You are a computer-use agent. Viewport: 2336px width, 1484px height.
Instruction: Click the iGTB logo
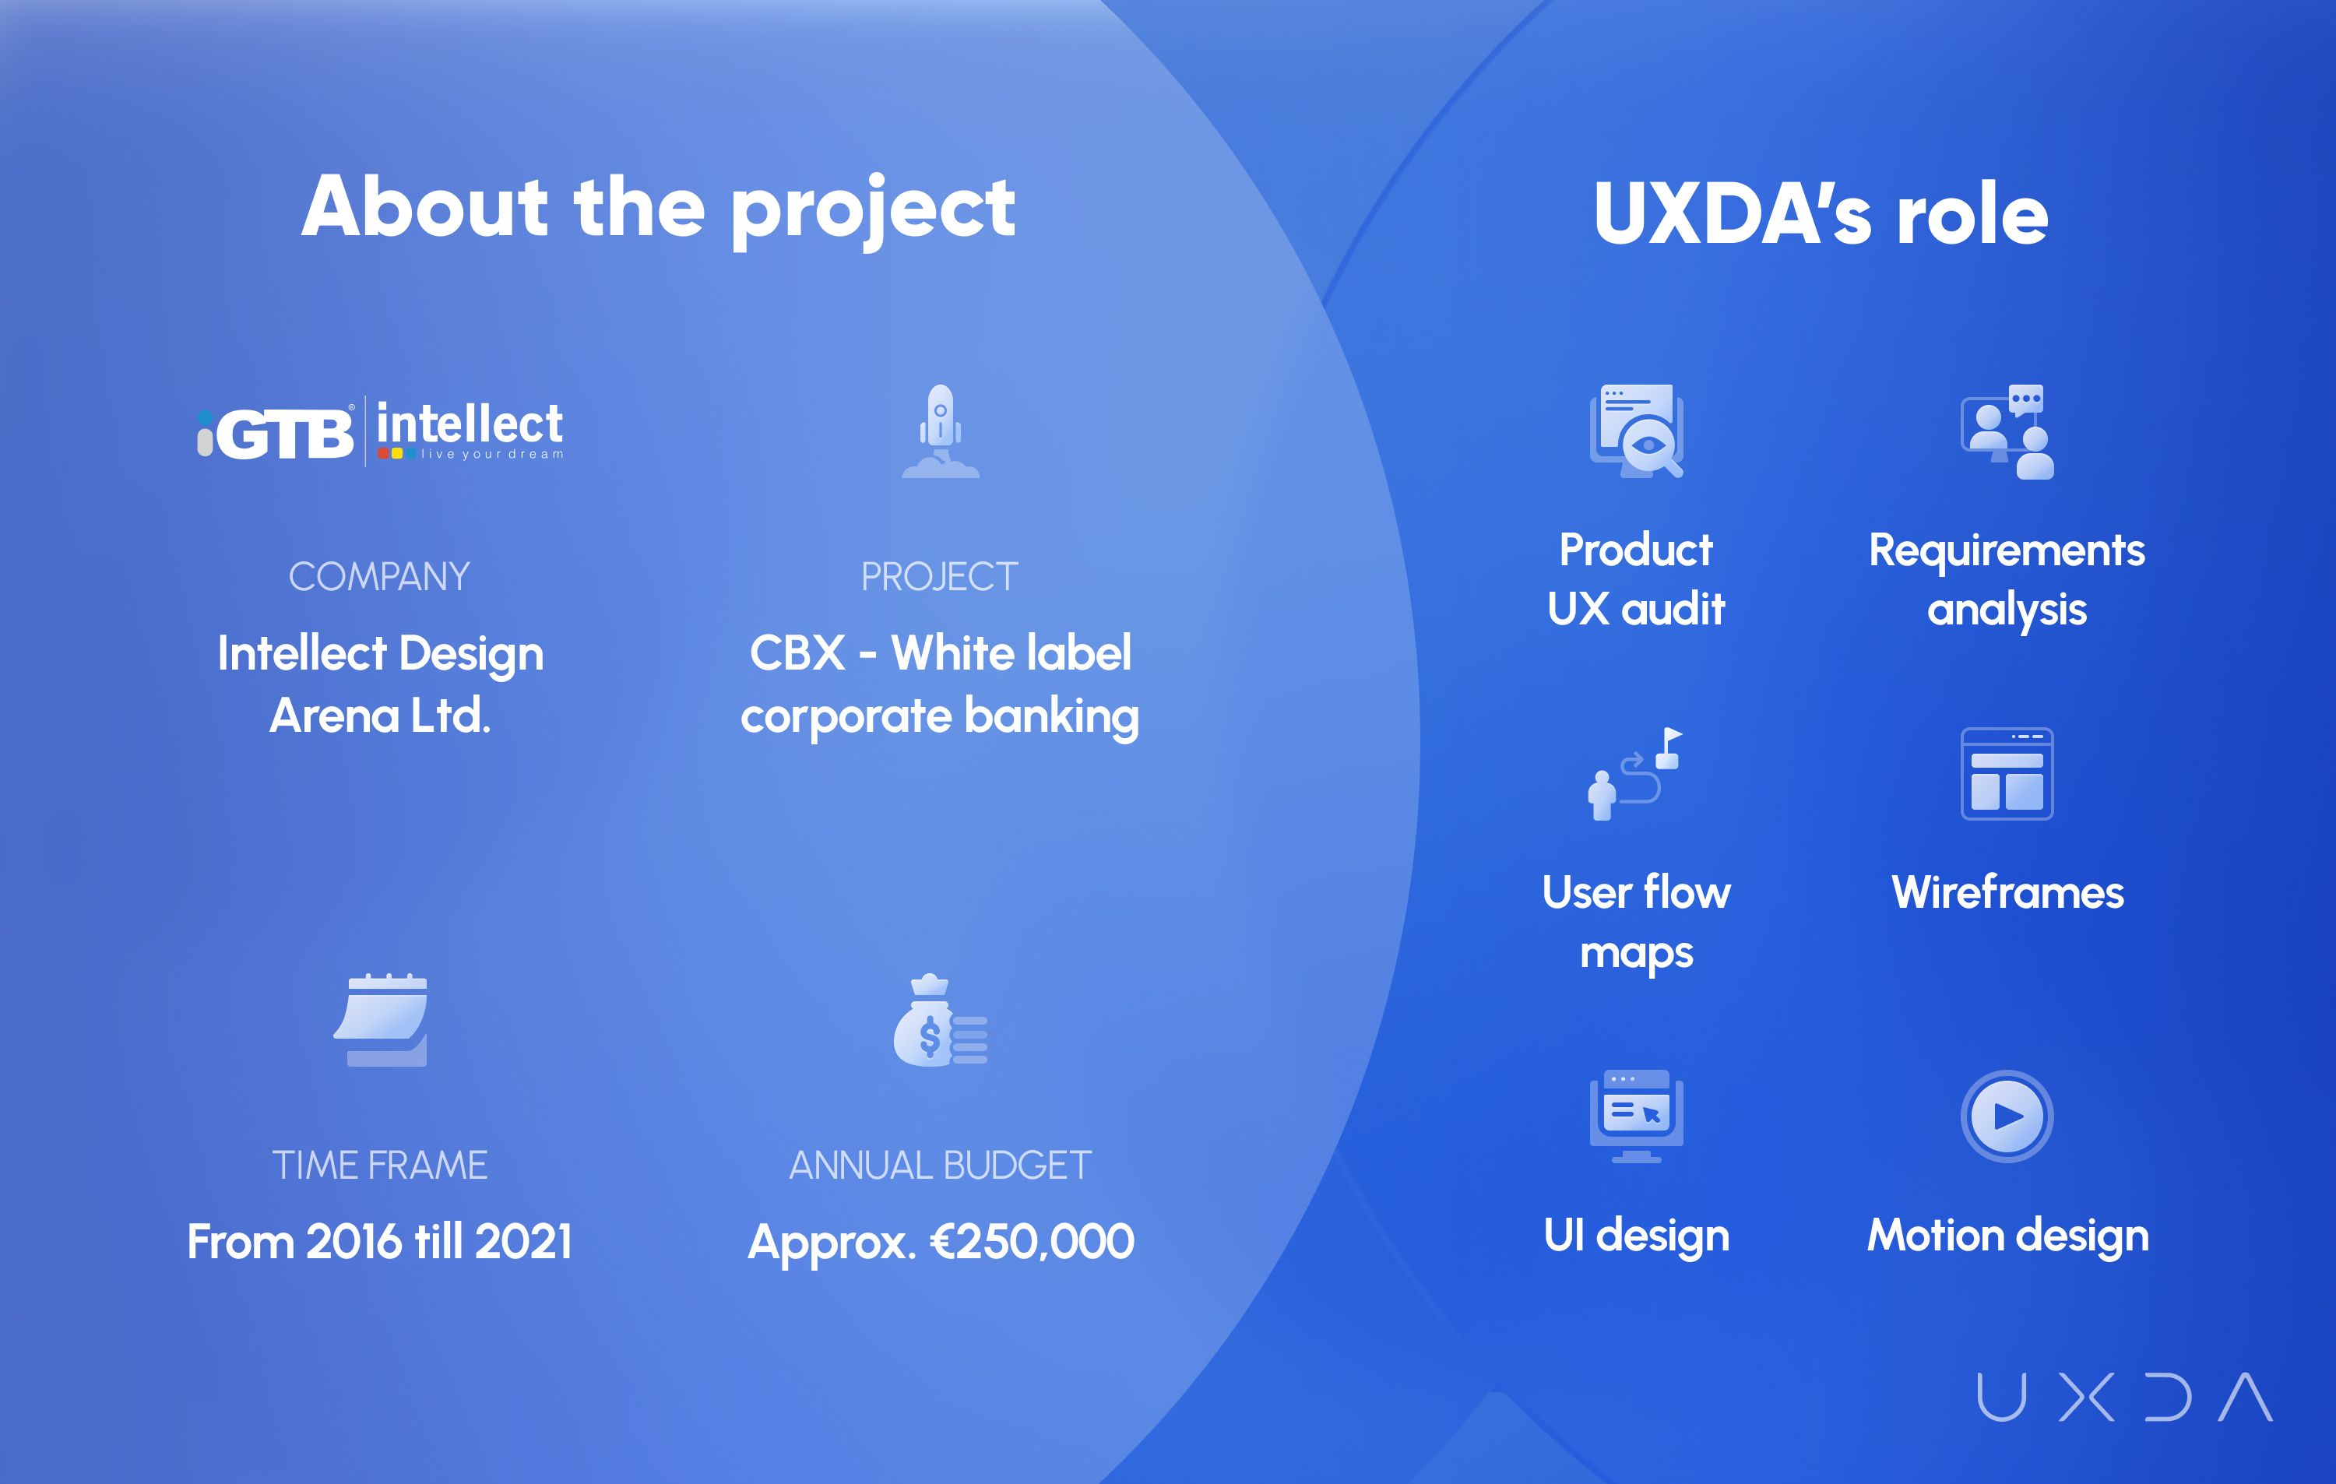(x=276, y=431)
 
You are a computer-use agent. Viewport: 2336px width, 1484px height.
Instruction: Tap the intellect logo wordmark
(x=470, y=430)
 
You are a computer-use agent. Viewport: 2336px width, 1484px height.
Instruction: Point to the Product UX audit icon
(x=1637, y=431)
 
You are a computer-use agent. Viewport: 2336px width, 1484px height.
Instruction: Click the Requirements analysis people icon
(x=2007, y=431)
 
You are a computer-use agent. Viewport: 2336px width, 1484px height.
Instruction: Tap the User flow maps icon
(x=1635, y=774)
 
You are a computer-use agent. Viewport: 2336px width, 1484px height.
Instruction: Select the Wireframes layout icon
(x=2007, y=774)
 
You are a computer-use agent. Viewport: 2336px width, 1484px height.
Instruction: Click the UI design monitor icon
(x=1637, y=1117)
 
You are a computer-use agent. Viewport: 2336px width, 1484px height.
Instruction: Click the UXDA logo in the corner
(x=2124, y=1397)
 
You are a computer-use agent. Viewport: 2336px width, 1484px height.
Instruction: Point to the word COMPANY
(x=379, y=577)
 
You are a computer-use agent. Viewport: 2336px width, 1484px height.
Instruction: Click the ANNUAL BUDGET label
(x=940, y=1165)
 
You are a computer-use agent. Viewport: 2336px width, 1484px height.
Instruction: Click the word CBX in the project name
(x=797, y=652)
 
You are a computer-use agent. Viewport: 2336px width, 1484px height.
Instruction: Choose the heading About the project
(x=659, y=208)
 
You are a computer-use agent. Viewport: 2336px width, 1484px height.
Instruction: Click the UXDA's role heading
(x=1821, y=213)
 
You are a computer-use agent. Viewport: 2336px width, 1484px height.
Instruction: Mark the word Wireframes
(x=2007, y=892)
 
